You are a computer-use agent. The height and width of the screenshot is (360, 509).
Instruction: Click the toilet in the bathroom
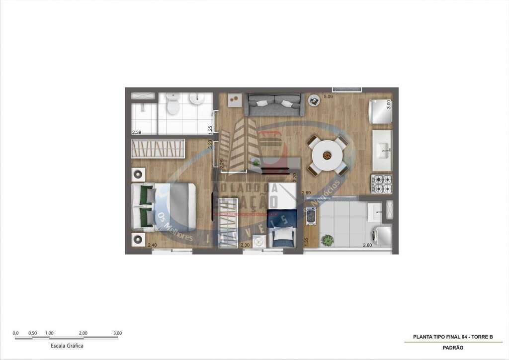[x=173, y=104]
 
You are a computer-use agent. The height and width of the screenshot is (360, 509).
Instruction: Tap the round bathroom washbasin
[x=197, y=98]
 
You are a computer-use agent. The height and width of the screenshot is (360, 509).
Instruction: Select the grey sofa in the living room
[x=274, y=104]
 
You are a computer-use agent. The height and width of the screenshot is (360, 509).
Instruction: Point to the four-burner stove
[x=382, y=184]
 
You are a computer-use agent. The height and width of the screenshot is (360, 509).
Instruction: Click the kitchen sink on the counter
[x=382, y=150]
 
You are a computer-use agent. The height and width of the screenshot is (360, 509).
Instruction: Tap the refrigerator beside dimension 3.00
[x=380, y=111]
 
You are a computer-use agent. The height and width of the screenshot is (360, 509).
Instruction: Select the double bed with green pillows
[x=164, y=206]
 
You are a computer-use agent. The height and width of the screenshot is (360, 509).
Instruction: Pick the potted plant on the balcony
[x=327, y=240]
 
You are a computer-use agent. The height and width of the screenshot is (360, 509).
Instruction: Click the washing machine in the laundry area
[x=382, y=235]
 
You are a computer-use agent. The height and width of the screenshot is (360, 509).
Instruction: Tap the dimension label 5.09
[x=328, y=96]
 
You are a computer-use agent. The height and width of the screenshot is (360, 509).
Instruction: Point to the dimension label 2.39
[x=137, y=132]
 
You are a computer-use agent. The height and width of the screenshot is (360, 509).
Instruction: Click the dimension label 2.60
[x=367, y=245]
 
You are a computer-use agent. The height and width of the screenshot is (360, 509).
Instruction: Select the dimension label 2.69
[x=306, y=193]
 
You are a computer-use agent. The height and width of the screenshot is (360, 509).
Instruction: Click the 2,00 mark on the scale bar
[x=83, y=333]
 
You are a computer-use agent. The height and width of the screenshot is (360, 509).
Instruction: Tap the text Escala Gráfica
[x=67, y=346]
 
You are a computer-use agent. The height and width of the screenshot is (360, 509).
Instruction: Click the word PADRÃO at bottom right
[x=453, y=348]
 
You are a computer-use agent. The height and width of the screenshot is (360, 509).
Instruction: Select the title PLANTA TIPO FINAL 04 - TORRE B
[x=453, y=337]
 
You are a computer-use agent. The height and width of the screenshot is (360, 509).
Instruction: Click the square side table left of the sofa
[x=235, y=100]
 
